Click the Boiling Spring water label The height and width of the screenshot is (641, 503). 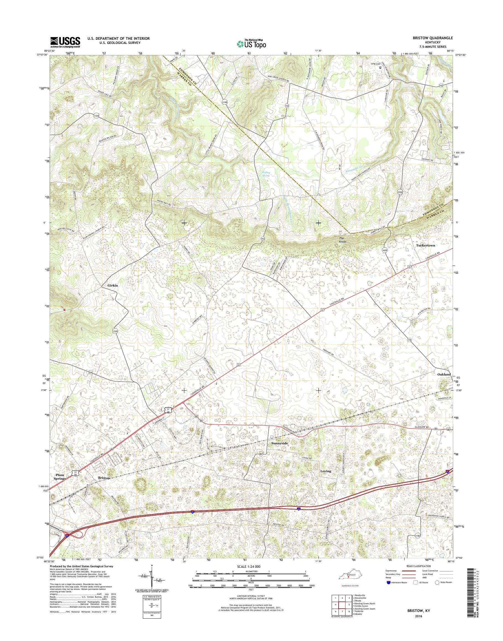click(266, 174)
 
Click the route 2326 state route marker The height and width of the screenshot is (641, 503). click(399, 192)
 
